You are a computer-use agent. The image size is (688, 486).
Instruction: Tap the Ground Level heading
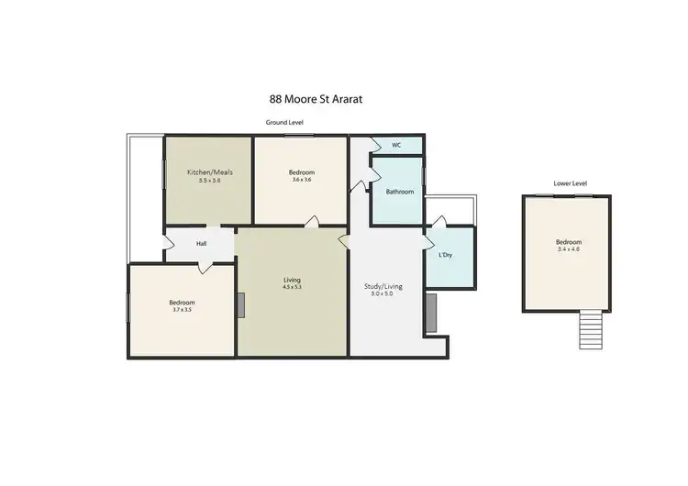click(x=284, y=122)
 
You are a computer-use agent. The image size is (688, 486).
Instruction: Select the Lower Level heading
click(x=570, y=183)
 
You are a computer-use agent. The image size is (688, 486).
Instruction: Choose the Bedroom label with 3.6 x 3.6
click(x=302, y=172)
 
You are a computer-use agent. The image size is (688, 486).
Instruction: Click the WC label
click(x=397, y=145)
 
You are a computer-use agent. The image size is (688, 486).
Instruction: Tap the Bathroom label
click(x=399, y=192)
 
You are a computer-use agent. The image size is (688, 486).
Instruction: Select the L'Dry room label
click(x=447, y=254)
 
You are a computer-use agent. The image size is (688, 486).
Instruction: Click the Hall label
click(x=201, y=245)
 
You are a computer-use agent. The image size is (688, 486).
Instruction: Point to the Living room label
click(x=292, y=280)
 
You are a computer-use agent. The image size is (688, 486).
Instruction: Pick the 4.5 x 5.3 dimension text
click(x=292, y=288)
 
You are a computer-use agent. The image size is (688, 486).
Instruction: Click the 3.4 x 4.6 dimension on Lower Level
click(x=569, y=249)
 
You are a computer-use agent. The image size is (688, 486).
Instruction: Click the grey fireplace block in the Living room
click(x=240, y=305)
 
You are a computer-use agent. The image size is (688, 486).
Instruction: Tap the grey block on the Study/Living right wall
click(x=428, y=314)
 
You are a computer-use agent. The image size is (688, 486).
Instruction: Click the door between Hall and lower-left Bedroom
click(x=203, y=266)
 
